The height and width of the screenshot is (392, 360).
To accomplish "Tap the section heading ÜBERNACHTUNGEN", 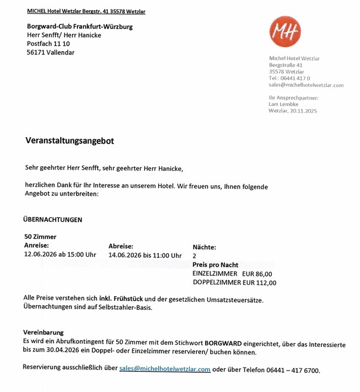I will click(53, 219).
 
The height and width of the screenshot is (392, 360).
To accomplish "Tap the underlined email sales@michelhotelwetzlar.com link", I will click(165, 369).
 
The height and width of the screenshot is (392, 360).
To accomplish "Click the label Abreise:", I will click(121, 245).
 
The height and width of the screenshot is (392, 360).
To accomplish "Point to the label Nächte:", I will click(204, 247).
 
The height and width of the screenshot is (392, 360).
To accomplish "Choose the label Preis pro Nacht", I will click(215, 265).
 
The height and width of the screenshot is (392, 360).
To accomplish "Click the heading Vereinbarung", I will click(43, 332).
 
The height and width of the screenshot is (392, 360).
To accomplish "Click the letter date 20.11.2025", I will click(303, 111).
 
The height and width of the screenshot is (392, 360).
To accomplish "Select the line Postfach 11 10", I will click(48, 43).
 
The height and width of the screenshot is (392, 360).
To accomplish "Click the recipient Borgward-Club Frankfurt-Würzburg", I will click(80, 26).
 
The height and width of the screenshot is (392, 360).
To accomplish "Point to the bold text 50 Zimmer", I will click(40, 237).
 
